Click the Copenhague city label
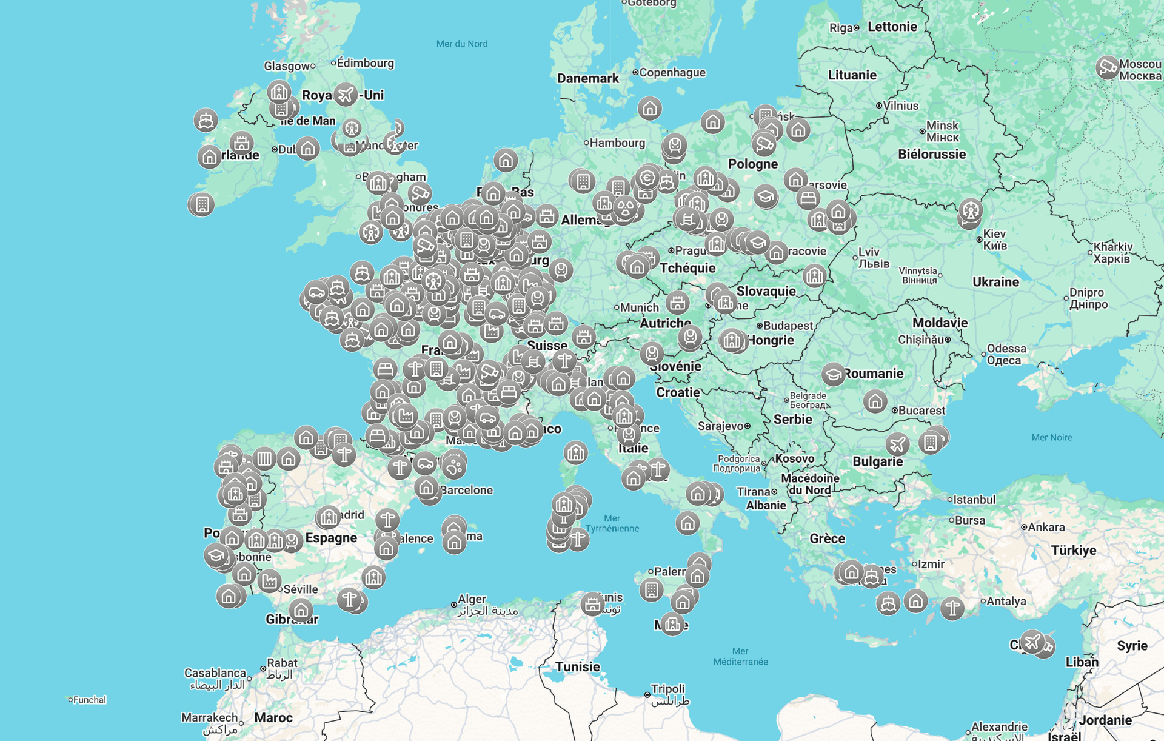(672, 73)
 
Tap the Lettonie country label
(892, 27)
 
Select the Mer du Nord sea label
(462, 44)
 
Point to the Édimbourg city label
(366, 63)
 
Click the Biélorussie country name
(932, 154)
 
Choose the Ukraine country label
(995, 282)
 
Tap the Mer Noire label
(1051, 437)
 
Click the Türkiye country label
(1073, 550)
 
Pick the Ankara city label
(1046, 527)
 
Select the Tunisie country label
(577, 666)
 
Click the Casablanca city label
(215, 673)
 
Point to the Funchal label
(89, 700)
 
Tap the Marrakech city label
(210, 718)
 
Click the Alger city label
(472, 599)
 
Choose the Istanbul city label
(974, 500)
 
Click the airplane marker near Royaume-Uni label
(346, 95)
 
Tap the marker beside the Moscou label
(1107, 67)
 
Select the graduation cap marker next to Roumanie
(834, 374)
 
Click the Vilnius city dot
(879, 106)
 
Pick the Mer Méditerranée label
(740, 656)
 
